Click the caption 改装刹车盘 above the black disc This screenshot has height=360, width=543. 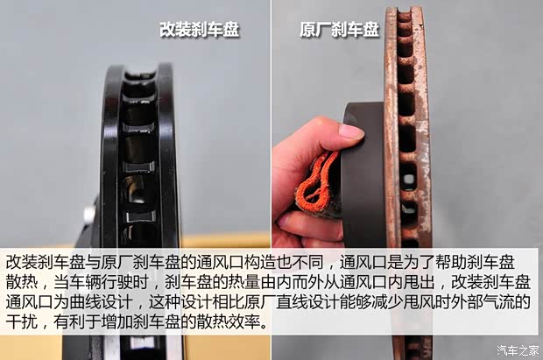pyautogui.click(x=199, y=29)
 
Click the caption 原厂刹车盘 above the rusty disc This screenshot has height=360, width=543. pyautogui.click(x=339, y=29)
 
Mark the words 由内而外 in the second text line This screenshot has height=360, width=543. pyautogui.click(x=304, y=283)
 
